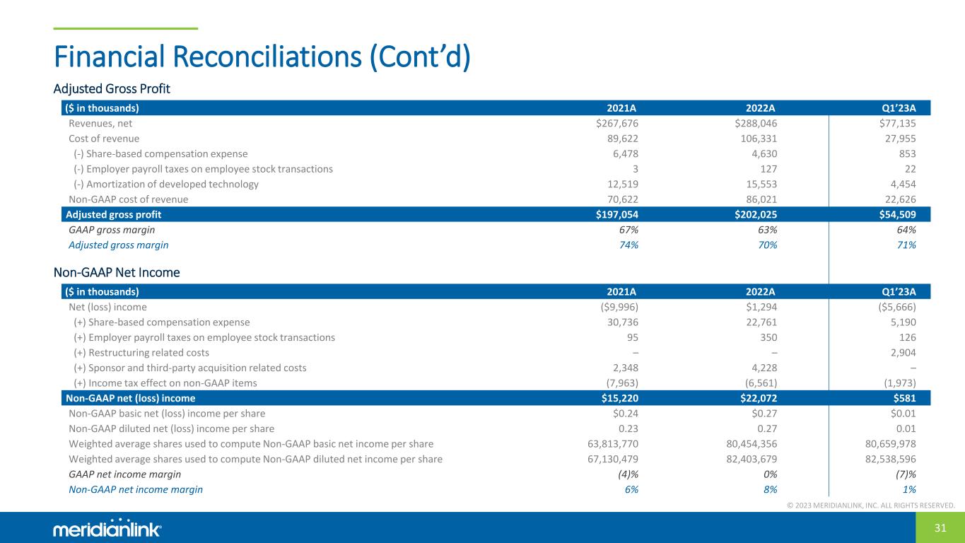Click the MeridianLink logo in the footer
(x=107, y=529)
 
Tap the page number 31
(x=940, y=528)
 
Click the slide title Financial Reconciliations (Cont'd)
(x=262, y=57)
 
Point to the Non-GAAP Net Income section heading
(x=117, y=272)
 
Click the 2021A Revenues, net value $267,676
(x=617, y=124)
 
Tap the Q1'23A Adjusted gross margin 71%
(x=906, y=245)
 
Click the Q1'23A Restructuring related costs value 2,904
(x=900, y=353)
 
